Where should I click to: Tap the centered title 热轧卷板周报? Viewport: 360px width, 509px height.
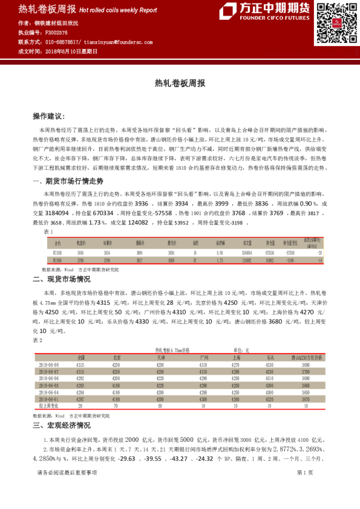click(180, 83)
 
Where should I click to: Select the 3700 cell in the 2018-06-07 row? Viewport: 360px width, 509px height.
click(307, 372)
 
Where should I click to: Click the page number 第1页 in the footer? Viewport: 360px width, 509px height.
click(304, 490)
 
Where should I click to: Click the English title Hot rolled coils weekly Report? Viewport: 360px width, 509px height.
click(118, 11)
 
